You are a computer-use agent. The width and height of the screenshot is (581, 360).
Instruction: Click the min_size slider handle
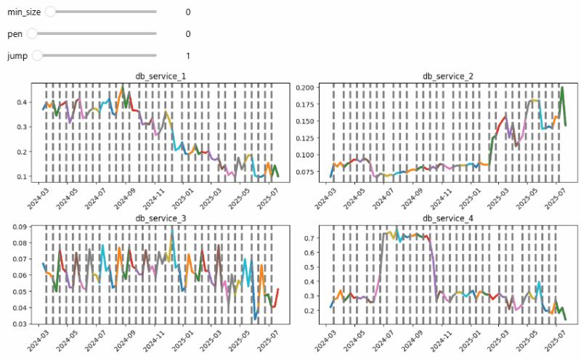click(x=49, y=12)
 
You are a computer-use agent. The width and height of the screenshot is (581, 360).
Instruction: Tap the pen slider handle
click(x=32, y=33)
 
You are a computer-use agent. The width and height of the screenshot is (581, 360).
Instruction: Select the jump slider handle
click(x=38, y=55)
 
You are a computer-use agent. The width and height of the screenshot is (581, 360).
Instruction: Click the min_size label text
click(x=24, y=12)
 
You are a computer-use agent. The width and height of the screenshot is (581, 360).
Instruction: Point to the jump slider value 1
click(x=188, y=56)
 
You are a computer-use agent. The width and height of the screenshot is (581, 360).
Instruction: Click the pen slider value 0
click(x=188, y=34)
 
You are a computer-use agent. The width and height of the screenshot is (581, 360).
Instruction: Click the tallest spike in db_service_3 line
click(x=172, y=227)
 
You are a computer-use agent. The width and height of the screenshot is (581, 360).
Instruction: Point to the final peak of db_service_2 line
click(x=562, y=88)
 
